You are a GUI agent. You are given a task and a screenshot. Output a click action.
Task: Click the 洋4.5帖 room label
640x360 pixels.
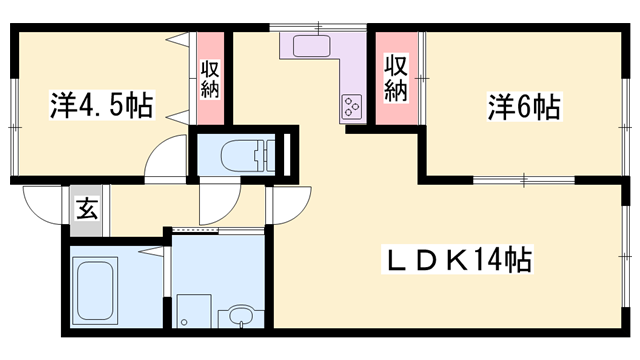coord(100,105)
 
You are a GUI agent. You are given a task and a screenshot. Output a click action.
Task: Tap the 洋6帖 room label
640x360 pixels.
coord(523,104)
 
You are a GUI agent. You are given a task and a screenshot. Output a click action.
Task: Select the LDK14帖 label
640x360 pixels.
coord(458,261)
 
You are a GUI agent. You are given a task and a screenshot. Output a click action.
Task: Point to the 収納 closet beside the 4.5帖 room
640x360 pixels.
coord(210,80)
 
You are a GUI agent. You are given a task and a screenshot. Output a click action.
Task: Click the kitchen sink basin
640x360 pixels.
coord(318,46)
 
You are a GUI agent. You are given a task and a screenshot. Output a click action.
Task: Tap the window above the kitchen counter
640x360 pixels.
coord(320,25)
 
